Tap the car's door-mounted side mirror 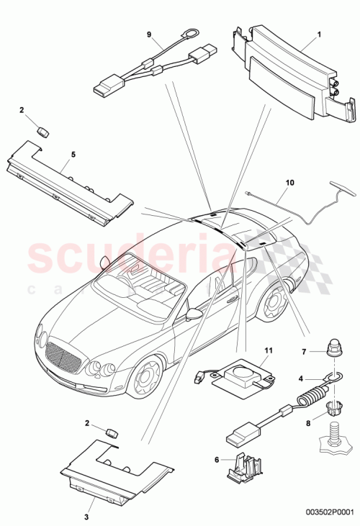pyautogui.click(x=194, y=314)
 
